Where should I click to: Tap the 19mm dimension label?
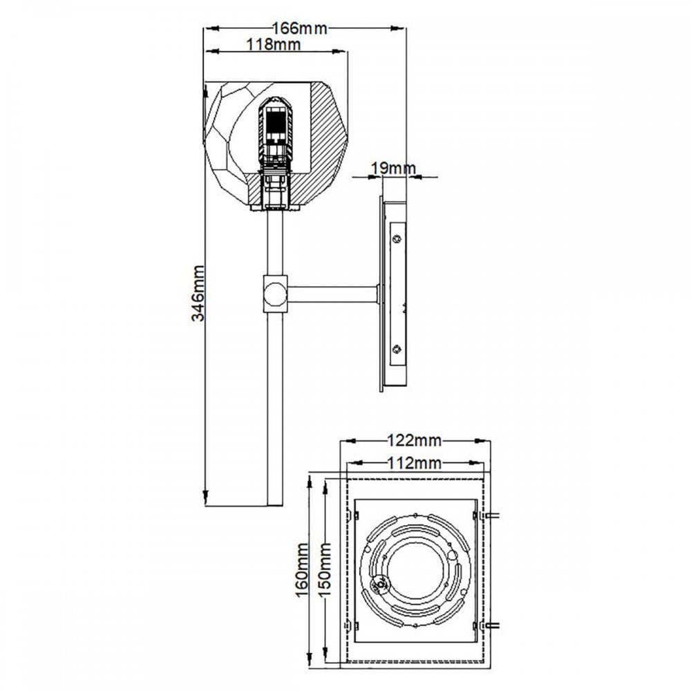[x=393, y=168]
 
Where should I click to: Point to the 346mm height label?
[x=198, y=292]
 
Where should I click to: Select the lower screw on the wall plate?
[x=397, y=349]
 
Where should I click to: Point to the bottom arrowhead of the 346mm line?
[x=206, y=495]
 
